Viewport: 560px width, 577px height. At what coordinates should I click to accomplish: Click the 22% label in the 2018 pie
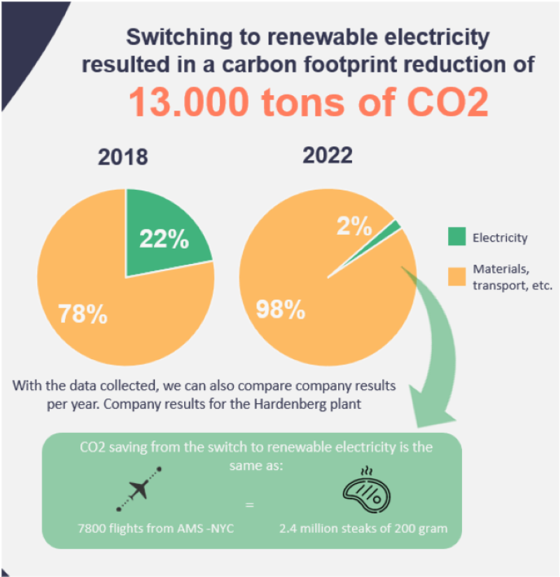coord(164,239)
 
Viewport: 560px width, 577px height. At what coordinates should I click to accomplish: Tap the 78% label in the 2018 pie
coord(83,314)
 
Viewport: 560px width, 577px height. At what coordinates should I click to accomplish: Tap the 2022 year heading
coord(328,155)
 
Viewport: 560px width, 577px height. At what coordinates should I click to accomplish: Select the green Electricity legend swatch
coord(455,238)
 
